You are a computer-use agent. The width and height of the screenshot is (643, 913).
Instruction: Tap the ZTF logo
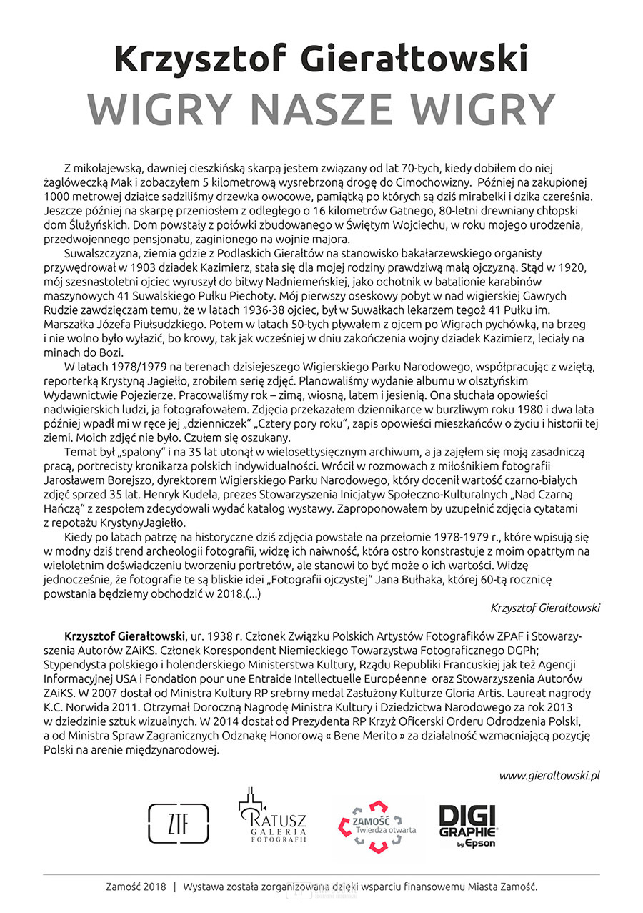[x=169, y=819]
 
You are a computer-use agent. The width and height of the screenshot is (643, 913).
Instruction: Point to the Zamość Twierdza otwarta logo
[x=377, y=824]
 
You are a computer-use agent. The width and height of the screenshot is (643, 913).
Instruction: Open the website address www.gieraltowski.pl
[x=549, y=775]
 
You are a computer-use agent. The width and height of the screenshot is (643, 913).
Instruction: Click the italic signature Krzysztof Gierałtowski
[x=545, y=607]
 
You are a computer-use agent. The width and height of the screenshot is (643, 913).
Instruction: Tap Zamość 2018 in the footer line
[x=135, y=887]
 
